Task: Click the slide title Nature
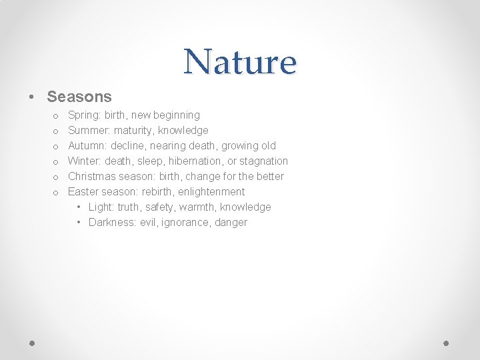tap(240, 62)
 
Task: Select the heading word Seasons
tap(79, 97)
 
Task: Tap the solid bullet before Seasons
tap(32, 97)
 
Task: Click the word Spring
tap(83, 115)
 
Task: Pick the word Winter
tap(84, 161)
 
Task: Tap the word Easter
tap(83, 192)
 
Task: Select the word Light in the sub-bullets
tap(100, 207)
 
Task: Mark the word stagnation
tap(264, 161)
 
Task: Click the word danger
tap(231, 223)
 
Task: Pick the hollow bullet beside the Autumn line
tap(56, 147)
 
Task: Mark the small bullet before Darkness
tap(79, 223)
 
